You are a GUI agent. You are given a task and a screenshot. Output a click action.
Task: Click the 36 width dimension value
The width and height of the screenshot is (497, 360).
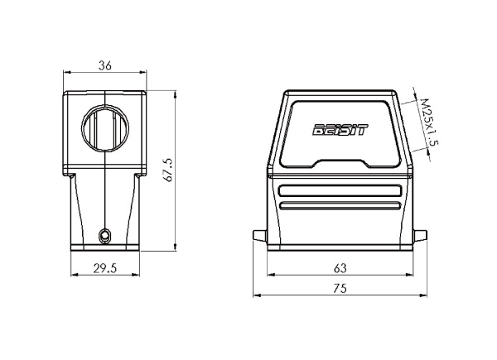pos(105,65)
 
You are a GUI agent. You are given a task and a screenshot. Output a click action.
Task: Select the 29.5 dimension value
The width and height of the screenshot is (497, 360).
pos(105,268)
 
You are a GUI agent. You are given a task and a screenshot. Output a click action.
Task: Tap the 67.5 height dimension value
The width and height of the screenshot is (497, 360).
pos(169,170)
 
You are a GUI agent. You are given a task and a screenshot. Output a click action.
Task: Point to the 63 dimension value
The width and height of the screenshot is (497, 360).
pos(340,268)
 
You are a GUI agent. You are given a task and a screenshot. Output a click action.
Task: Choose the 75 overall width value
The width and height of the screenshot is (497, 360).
pos(340,289)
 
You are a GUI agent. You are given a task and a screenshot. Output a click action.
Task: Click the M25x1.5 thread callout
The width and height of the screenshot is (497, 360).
pos(430,122)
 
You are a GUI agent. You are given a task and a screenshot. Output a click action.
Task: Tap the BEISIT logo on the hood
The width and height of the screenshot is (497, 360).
pos(340,130)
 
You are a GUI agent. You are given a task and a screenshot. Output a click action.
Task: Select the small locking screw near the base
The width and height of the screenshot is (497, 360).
pos(104,236)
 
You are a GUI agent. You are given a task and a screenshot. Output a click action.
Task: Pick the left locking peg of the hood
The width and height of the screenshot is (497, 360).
pos(260,235)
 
